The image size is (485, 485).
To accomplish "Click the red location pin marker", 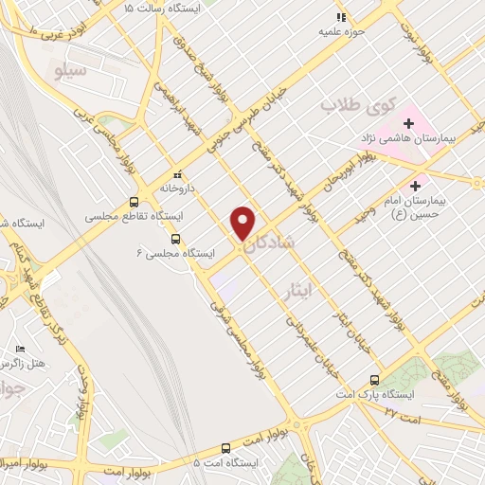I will coord(243,222).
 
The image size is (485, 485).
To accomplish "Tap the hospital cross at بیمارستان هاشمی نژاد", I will coord(409,123).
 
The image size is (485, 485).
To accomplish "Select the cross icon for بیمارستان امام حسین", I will coord(415,186).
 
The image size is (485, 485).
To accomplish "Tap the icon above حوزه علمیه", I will coord(342,16).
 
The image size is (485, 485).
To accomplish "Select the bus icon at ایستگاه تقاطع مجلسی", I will coord(134,202).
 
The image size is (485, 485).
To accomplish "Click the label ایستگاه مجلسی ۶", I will coord(175,254).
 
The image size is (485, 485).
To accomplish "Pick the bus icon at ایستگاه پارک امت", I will coord(376,379).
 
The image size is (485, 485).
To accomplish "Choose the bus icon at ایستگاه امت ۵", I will coord(225,448).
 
